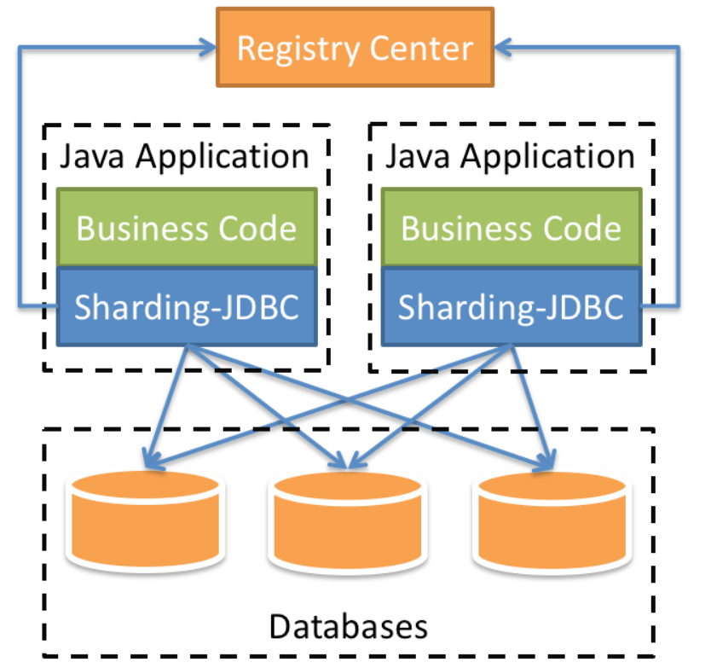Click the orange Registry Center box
click(x=355, y=47)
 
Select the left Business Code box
click(x=187, y=228)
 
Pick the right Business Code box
click(x=511, y=228)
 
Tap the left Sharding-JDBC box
click(x=187, y=306)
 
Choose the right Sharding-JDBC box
click(x=511, y=306)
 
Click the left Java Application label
click(x=184, y=157)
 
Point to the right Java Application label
click(x=510, y=157)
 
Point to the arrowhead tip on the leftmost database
click(x=149, y=466)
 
